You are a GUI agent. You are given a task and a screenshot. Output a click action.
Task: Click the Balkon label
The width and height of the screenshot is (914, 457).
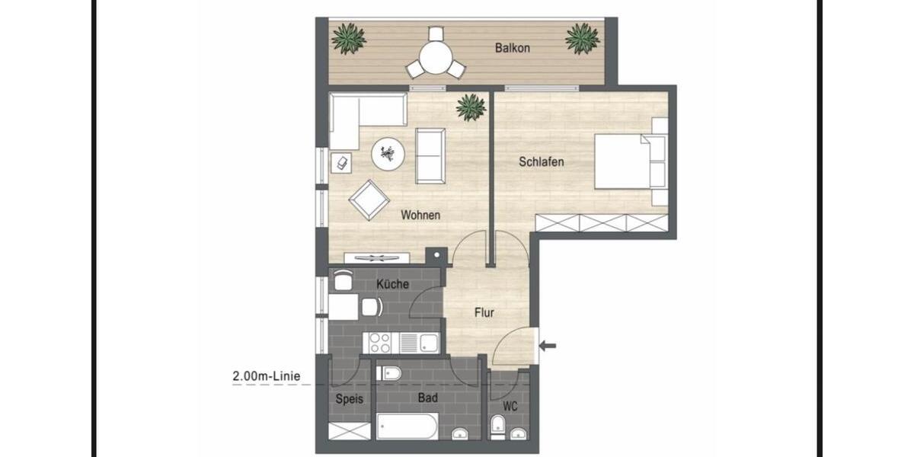pos(512,48)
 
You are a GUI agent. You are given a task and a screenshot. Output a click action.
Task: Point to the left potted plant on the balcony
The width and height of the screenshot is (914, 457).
pos(349,37)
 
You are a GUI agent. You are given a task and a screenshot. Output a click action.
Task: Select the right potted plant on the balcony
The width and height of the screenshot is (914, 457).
pos(583,37)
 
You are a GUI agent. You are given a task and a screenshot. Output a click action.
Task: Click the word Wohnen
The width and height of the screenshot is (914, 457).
pos(420,216)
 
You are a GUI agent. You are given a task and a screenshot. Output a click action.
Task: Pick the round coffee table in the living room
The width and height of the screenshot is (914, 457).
pos(388,155)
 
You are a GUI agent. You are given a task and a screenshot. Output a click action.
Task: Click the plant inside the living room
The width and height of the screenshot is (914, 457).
pos(471,107)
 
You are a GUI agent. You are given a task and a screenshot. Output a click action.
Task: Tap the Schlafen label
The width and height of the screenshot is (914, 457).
pos(541,161)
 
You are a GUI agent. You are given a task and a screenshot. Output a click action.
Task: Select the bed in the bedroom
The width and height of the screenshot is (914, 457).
pos(631,161)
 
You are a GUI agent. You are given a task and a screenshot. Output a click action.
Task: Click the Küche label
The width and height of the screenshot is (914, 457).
pos(392,284)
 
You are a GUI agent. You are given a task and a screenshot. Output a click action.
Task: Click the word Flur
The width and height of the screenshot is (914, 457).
pos(484,312)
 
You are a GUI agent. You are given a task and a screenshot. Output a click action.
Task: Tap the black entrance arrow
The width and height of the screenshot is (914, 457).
pos(548,346)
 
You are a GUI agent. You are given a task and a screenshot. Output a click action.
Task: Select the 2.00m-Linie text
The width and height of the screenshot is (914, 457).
pos(266,376)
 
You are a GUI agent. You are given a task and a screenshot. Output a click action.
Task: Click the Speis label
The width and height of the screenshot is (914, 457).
pos(350,398)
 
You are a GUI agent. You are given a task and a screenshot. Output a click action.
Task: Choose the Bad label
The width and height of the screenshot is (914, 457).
pos(427,397)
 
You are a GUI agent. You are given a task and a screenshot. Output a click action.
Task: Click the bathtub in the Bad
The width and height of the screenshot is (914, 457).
pos(407,427)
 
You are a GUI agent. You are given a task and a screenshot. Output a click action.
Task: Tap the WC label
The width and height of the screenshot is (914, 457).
pos(510,407)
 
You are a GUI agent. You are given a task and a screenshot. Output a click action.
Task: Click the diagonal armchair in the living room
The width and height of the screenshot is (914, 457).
pos(369,199)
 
